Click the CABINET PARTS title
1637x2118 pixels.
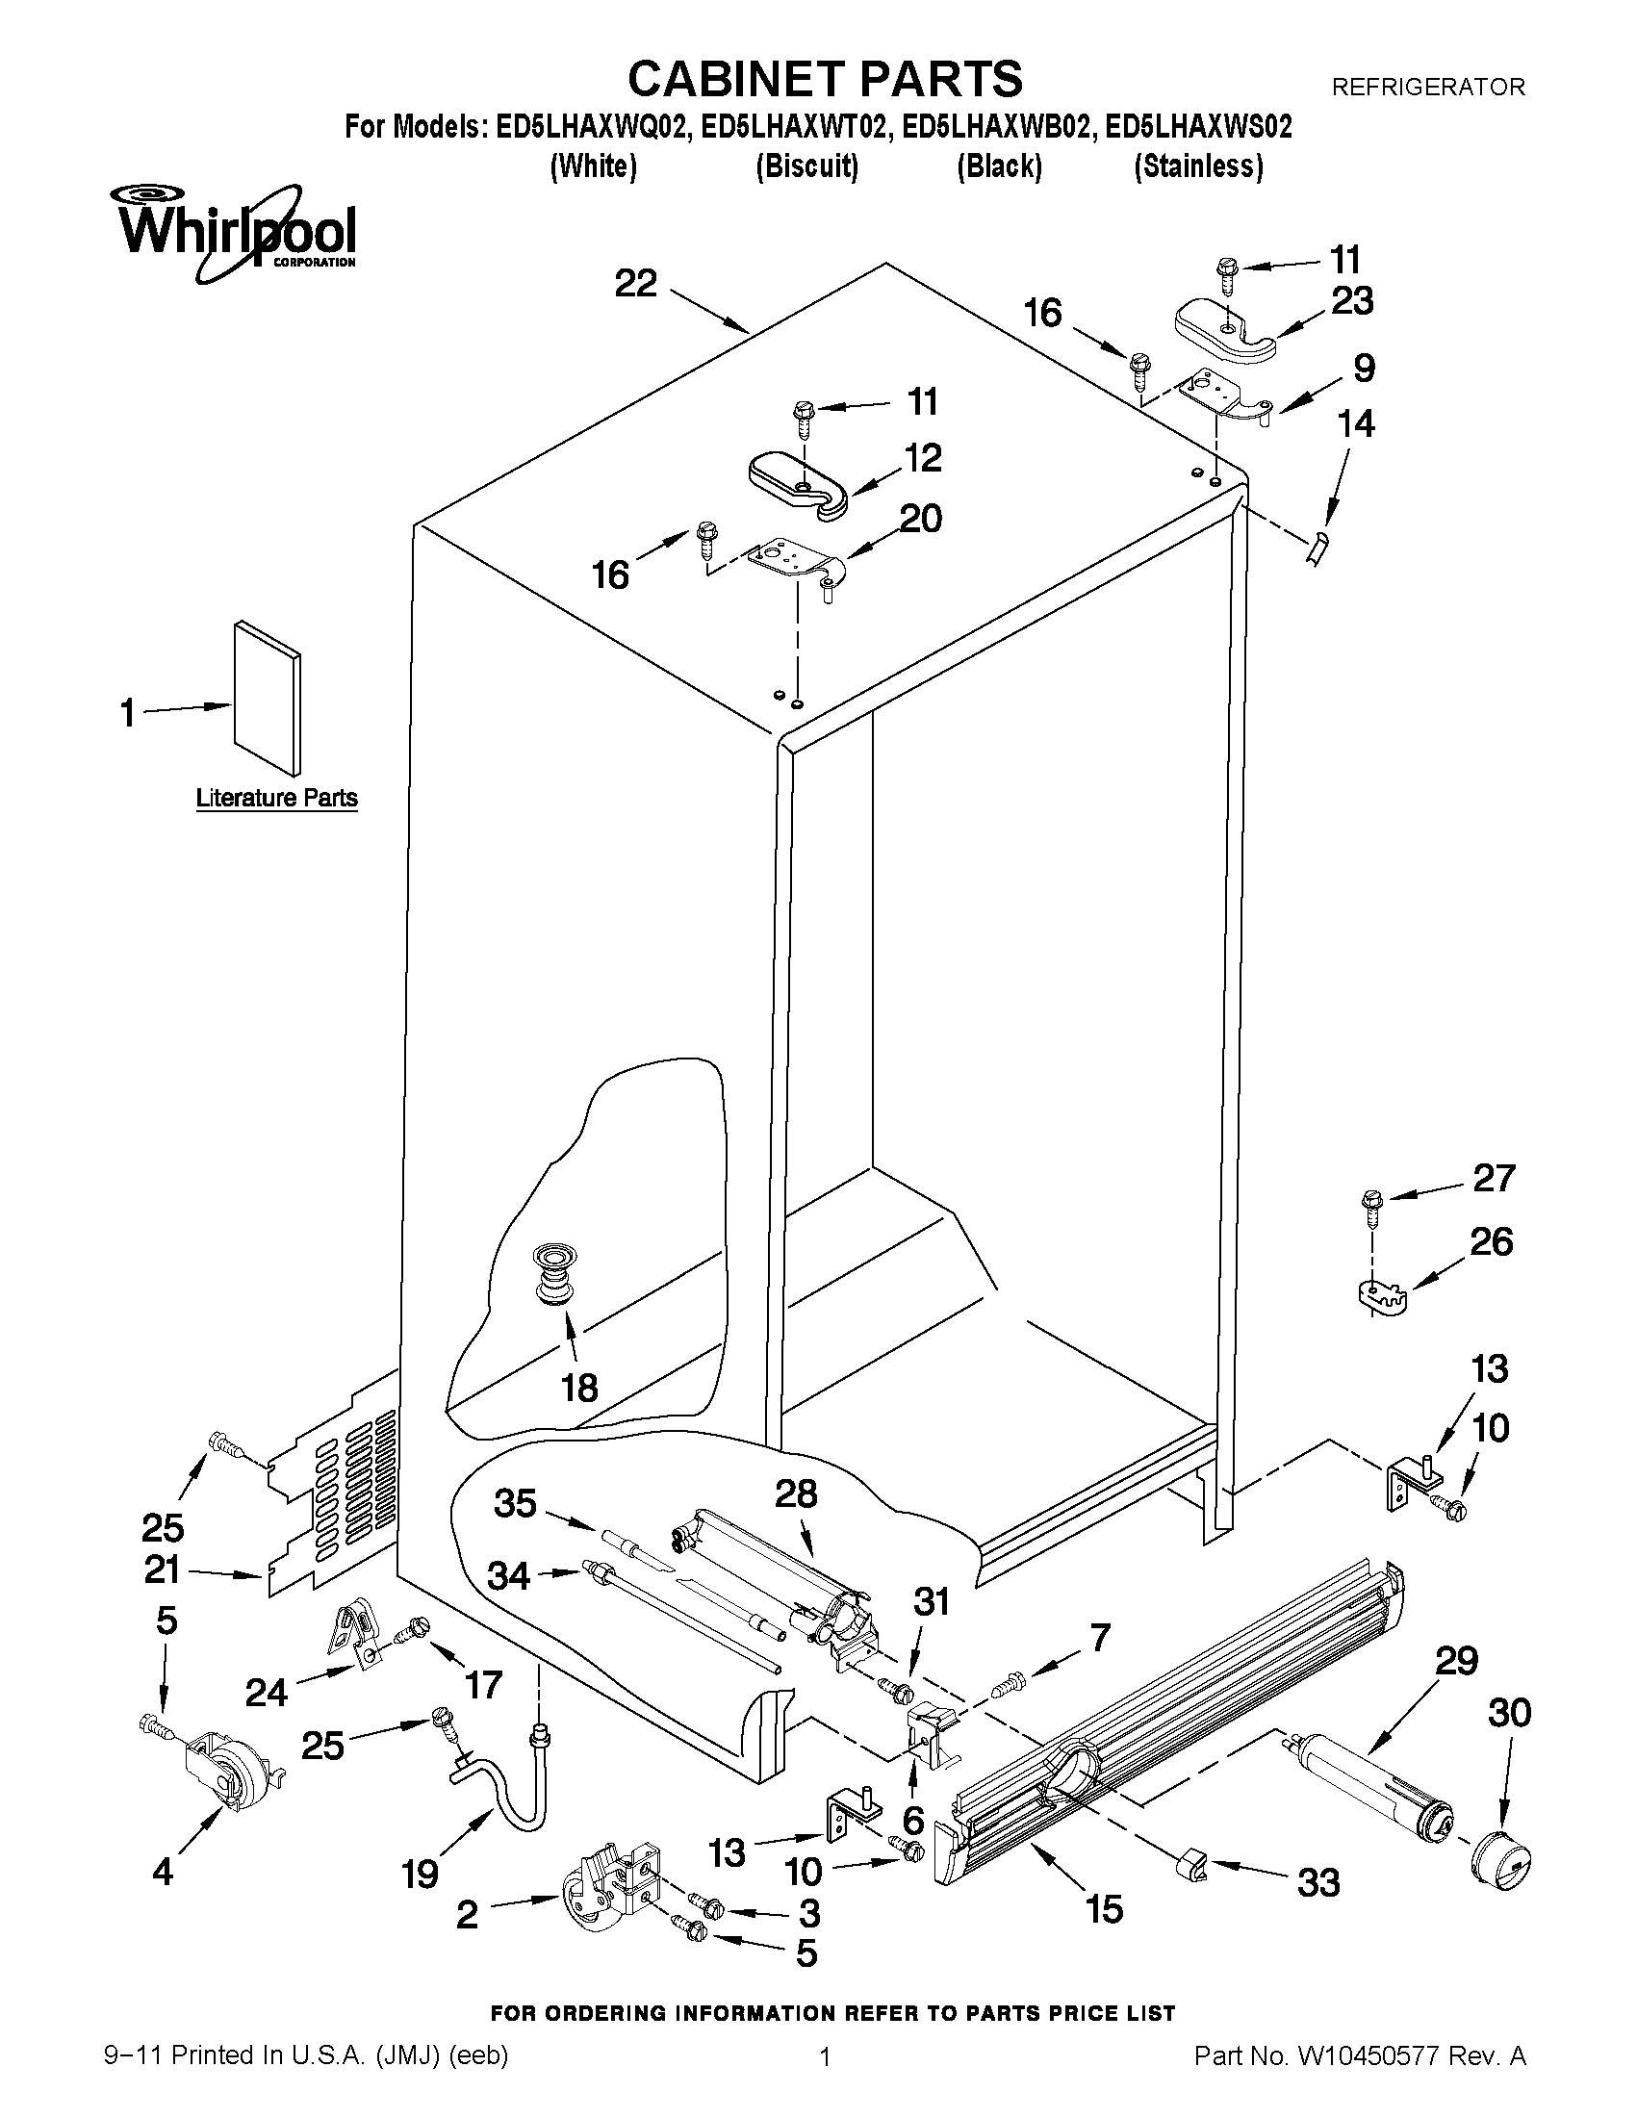pyautogui.click(x=825, y=78)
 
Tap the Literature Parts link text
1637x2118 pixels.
pyautogui.click(x=276, y=798)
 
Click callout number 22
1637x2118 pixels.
pyautogui.click(x=635, y=283)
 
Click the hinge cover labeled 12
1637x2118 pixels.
pyautogui.click(x=797, y=483)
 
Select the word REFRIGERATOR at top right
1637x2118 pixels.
pyautogui.click(x=1427, y=88)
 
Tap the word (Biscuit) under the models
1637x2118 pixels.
pyautogui.click(x=806, y=166)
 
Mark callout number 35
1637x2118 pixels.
pyautogui.click(x=515, y=1503)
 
